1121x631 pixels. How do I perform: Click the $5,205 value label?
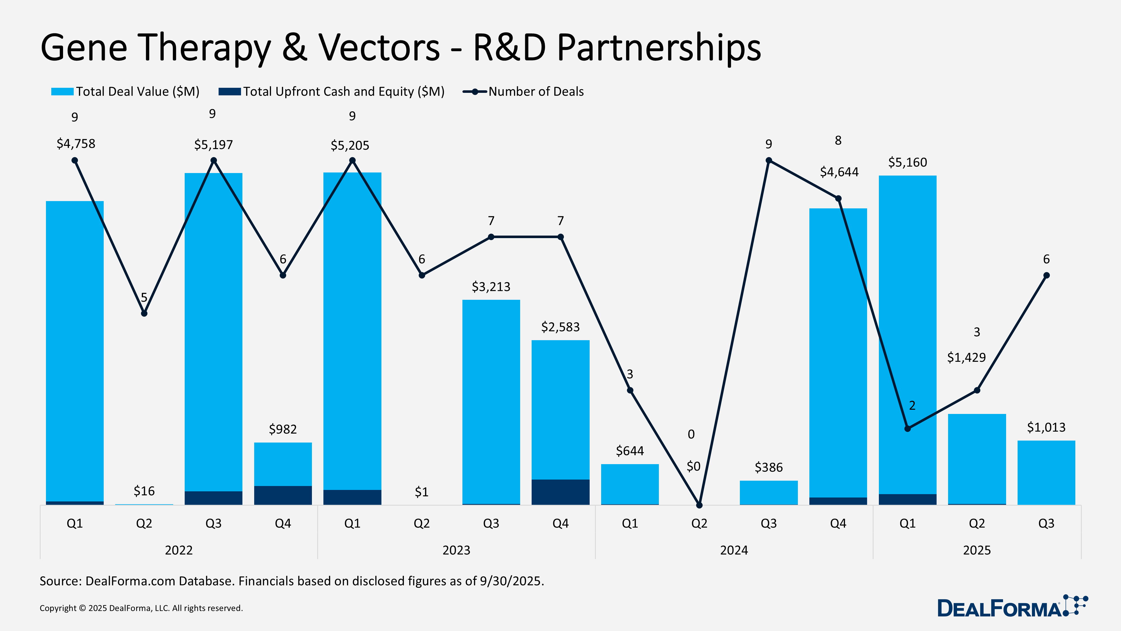pos(350,146)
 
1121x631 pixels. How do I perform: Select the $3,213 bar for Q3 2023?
pos(491,401)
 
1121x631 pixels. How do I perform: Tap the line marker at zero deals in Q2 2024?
pos(699,505)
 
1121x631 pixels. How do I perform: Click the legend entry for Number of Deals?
pos(535,91)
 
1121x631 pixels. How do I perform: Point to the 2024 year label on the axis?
pos(734,550)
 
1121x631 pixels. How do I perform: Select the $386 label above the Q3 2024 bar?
pos(768,467)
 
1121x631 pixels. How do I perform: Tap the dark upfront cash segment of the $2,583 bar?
pos(560,492)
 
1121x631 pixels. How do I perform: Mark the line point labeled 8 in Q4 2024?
pos(838,199)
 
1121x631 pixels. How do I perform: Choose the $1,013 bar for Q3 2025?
pos(1046,473)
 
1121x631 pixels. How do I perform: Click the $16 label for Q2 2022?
pos(144,491)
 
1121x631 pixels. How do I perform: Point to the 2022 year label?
pos(179,550)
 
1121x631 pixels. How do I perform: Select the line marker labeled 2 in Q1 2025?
pos(907,429)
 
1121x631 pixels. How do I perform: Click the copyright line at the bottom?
pos(141,608)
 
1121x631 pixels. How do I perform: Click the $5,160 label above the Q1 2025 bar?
pos(907,162)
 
